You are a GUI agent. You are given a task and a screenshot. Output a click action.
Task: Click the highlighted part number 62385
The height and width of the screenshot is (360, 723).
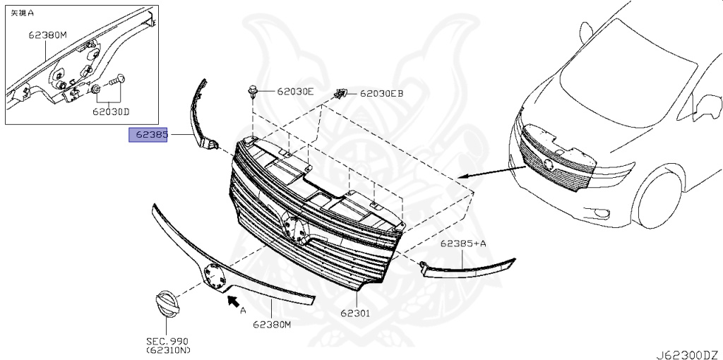click(x=148, y=136)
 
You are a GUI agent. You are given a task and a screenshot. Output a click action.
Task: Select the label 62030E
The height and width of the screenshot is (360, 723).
click(x=294, y=91)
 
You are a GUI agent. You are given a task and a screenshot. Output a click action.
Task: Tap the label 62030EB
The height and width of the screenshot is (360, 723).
click(x=381, y=92)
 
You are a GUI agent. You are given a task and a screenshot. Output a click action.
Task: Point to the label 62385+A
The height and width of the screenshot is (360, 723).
click(x=463, y=244)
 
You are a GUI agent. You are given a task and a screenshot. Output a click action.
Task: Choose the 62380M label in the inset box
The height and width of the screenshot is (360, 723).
click(x=48, y=33)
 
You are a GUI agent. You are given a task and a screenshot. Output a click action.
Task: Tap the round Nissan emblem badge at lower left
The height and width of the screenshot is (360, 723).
click(x=167, y=306)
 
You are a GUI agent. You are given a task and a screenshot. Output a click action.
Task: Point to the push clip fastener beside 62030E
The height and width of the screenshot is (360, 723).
click(x=253, y=91)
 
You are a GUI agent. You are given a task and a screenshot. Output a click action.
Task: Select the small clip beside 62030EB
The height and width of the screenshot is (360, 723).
click(x=340, y=94)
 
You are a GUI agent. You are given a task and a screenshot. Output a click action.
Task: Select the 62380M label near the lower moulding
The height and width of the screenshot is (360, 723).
click(x=273, y=325)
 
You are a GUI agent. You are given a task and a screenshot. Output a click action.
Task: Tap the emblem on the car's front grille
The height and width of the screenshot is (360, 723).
click(x=547, y=165)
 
